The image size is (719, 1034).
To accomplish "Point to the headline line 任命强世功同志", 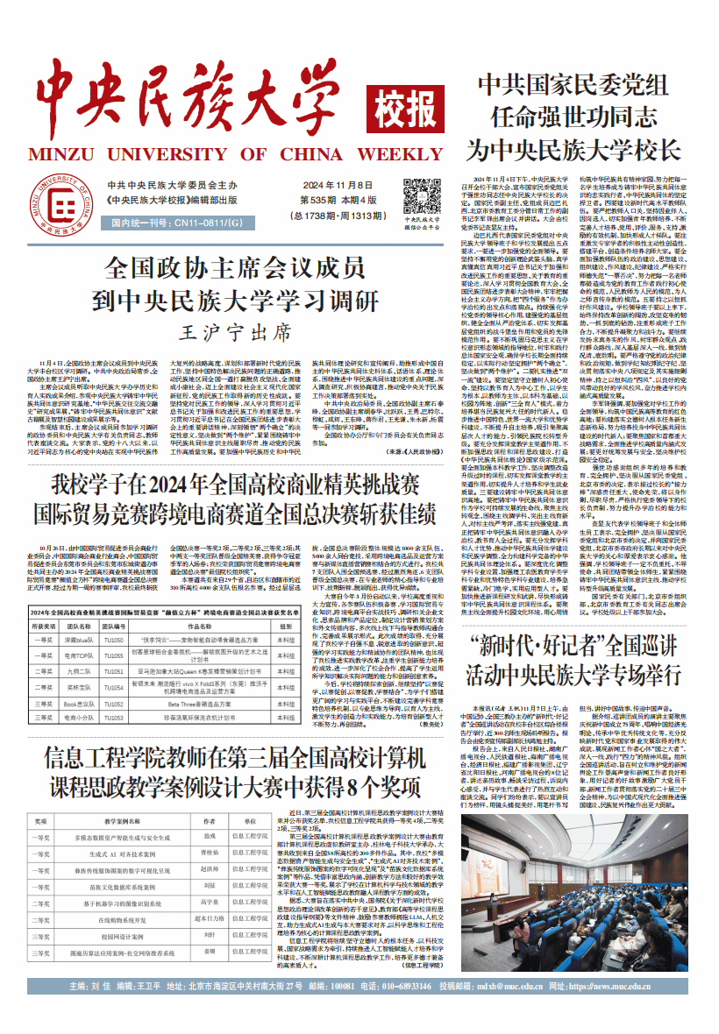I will pyautogui.click(x=574, y=116).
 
